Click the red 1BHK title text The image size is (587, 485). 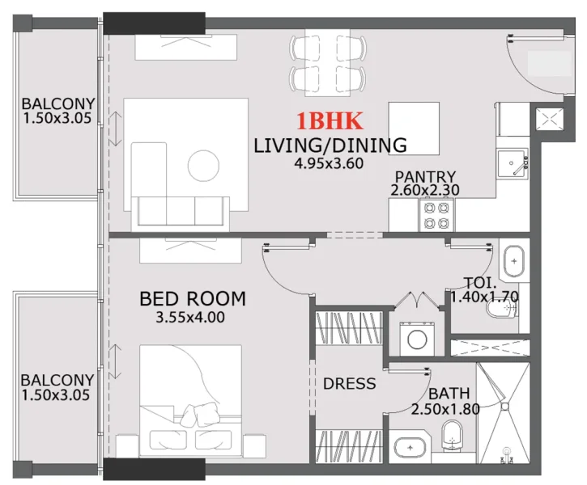coord(330,122)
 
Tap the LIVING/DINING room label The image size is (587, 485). coord(330,146)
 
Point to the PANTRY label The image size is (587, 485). coord(425,177)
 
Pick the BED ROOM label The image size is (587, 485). coord(193,300)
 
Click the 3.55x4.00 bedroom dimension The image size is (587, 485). coord(190,318)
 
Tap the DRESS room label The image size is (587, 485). coord(349,383)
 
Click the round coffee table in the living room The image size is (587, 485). coord(203,167)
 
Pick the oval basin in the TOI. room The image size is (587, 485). coord(513,263)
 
